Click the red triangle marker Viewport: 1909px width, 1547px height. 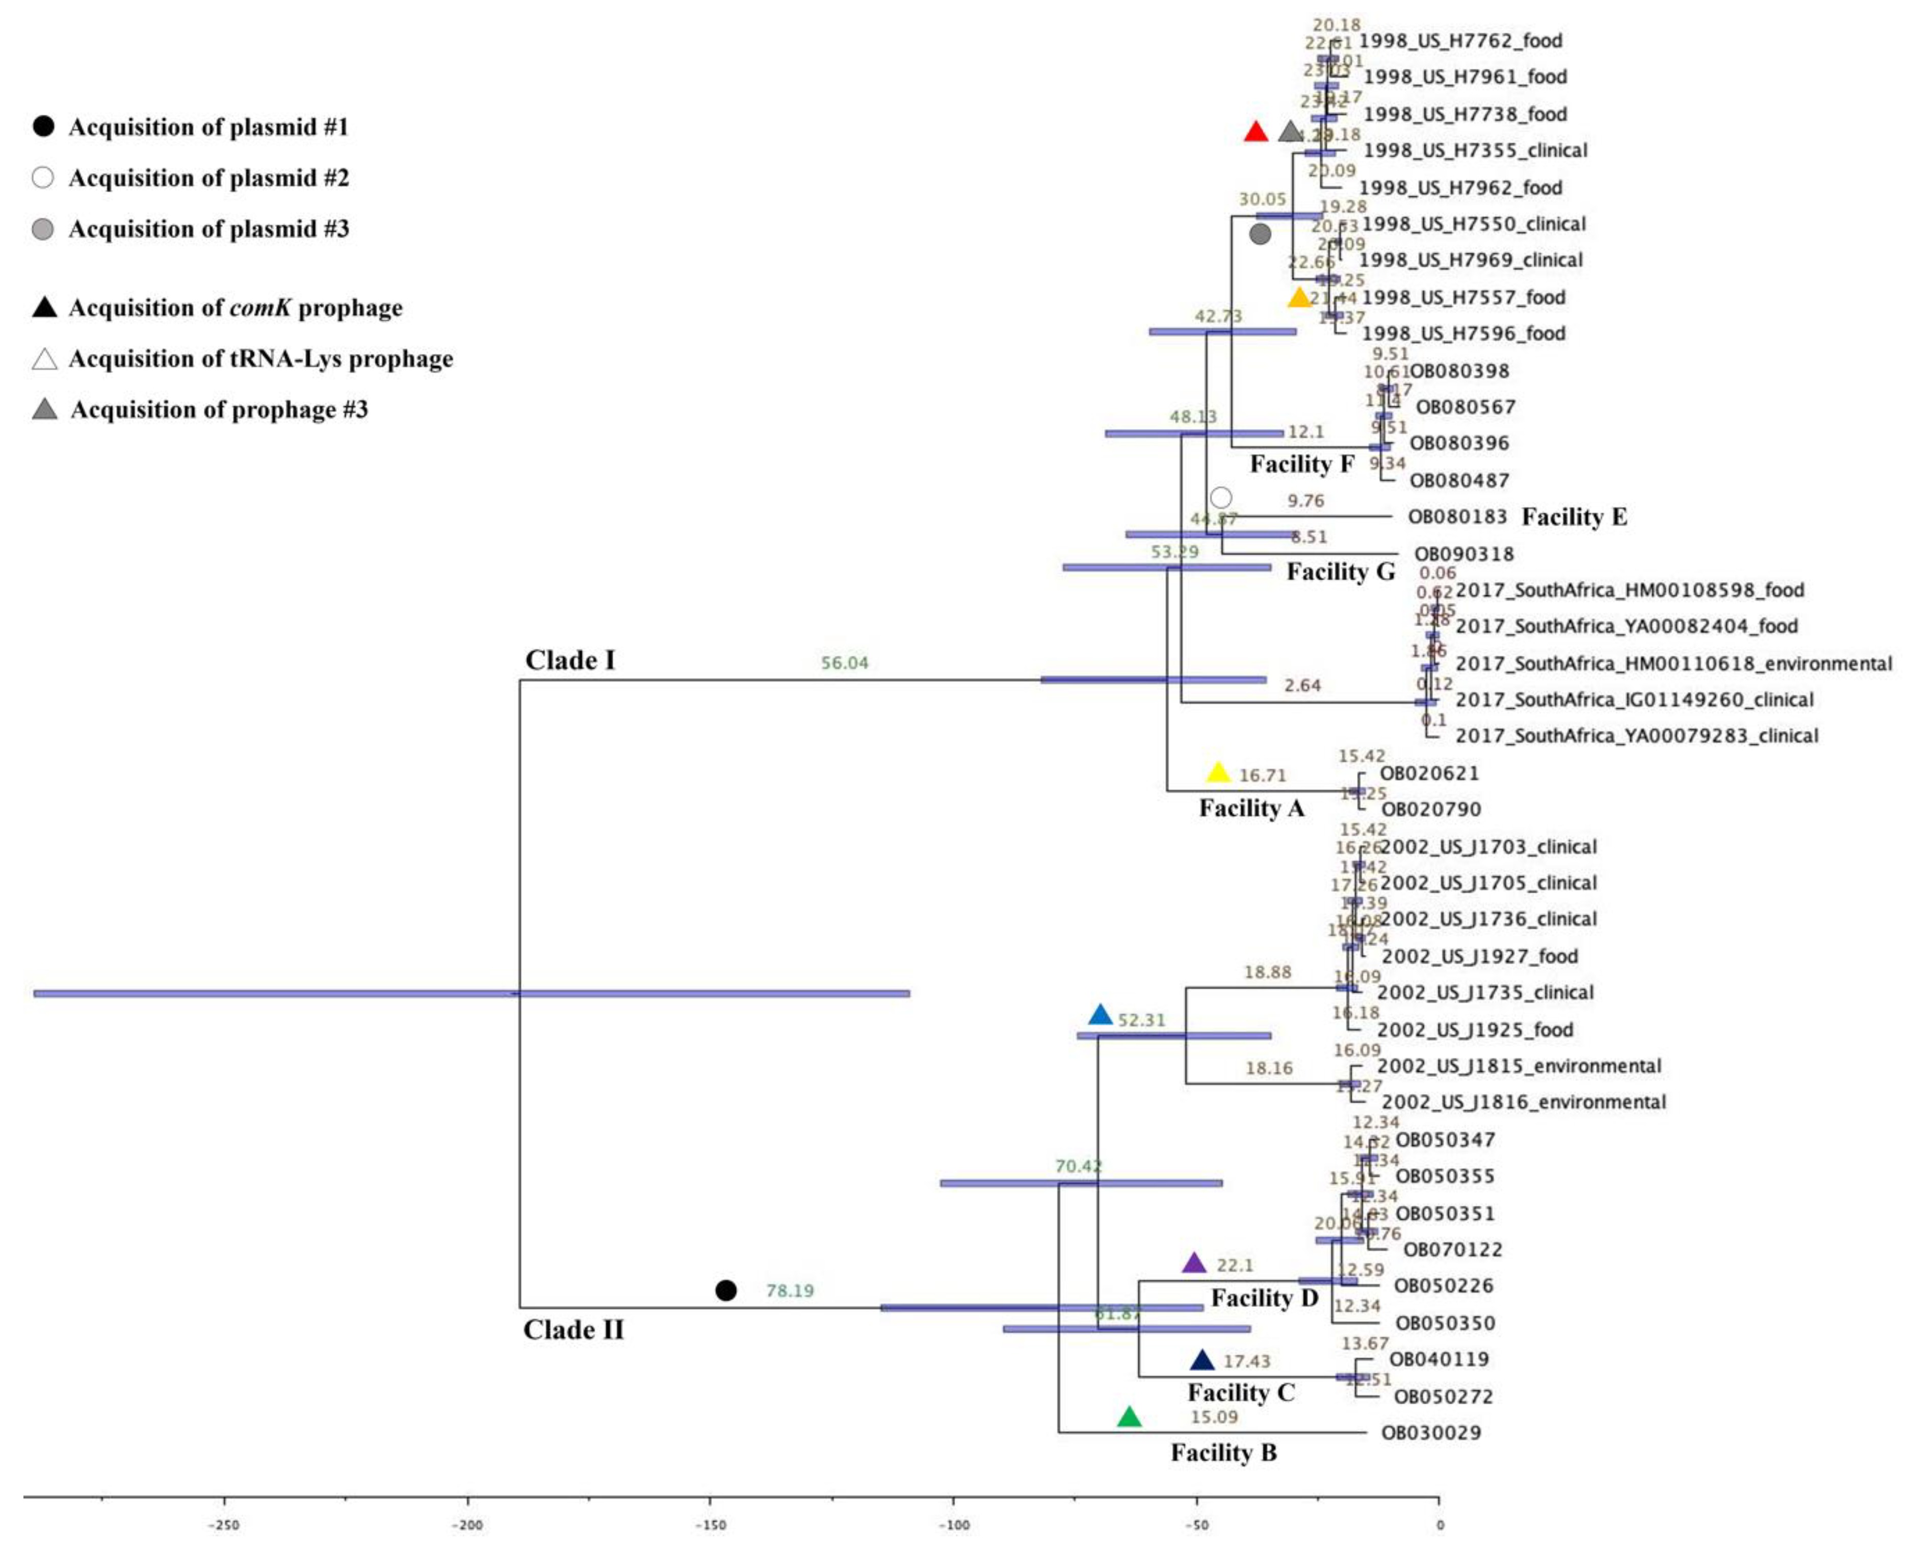[x=1255, y=133]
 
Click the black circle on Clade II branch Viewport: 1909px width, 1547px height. [x=726, y=1291]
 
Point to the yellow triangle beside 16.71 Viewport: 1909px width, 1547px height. [x=1218, y=773]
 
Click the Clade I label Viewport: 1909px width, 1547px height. [x=570, y=660]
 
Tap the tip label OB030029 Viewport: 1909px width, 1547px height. [x=1431, y=1433]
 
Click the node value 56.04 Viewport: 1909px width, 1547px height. [x=844, y=663]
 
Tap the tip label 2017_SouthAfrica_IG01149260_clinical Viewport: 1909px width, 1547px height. [x=1634, y=700]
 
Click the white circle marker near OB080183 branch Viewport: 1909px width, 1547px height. [x=1221, y=497]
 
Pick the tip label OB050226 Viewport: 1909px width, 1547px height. [x=1443, y=1286]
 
